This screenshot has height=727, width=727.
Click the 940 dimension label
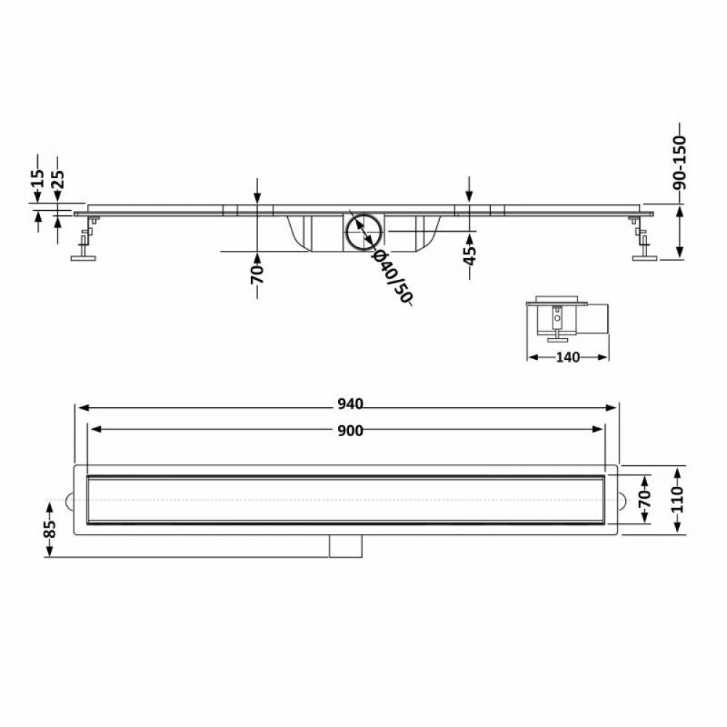(x=350, y=404)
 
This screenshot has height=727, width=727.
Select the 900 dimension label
(x=350, y=431)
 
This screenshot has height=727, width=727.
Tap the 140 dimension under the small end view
(x=568, y=358)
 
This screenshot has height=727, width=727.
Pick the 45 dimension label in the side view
(x=470, y=255)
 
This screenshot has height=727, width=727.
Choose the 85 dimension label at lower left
(x=49, y=529)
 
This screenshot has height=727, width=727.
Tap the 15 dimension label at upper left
(x=38, y=178)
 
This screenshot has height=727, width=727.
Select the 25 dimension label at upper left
(x=58, y=180)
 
